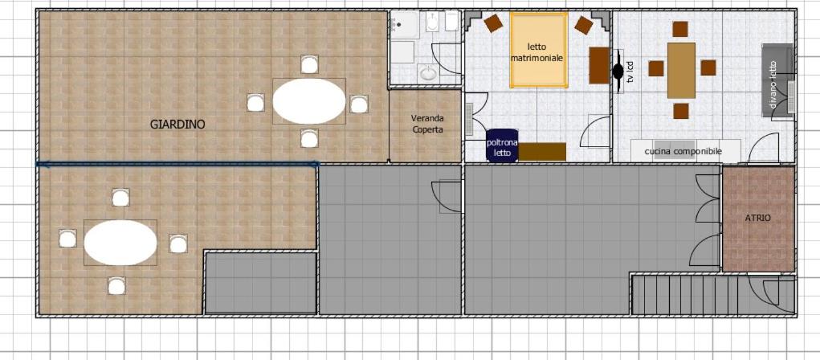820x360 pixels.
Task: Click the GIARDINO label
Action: pos(177,125)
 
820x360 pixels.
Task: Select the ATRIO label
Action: pos(758,218)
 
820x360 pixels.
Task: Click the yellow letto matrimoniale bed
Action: pos(539,51)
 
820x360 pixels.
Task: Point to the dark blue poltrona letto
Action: pos(502,145)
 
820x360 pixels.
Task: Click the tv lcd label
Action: pos(630,72)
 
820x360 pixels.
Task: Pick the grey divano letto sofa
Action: pos(777,80)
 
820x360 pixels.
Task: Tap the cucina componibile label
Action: pos(683,151)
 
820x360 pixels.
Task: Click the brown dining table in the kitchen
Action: pos(681,71)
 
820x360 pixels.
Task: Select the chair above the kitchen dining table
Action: pos(679,29)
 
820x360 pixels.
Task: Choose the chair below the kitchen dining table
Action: pos(680,111)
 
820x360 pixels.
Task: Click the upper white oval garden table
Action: pos(309,101)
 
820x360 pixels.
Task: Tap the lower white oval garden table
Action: pos(120,242)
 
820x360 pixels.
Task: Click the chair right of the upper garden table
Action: pos(359,104)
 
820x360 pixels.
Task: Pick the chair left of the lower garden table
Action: pos(67,238)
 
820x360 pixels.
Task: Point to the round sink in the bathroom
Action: pos(428,74)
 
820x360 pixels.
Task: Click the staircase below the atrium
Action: pos(689,295)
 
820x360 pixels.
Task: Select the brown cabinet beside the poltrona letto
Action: pos(542,152)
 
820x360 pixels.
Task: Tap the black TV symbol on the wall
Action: pos(618,72)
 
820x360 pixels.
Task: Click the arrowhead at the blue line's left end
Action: pos(41,164)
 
